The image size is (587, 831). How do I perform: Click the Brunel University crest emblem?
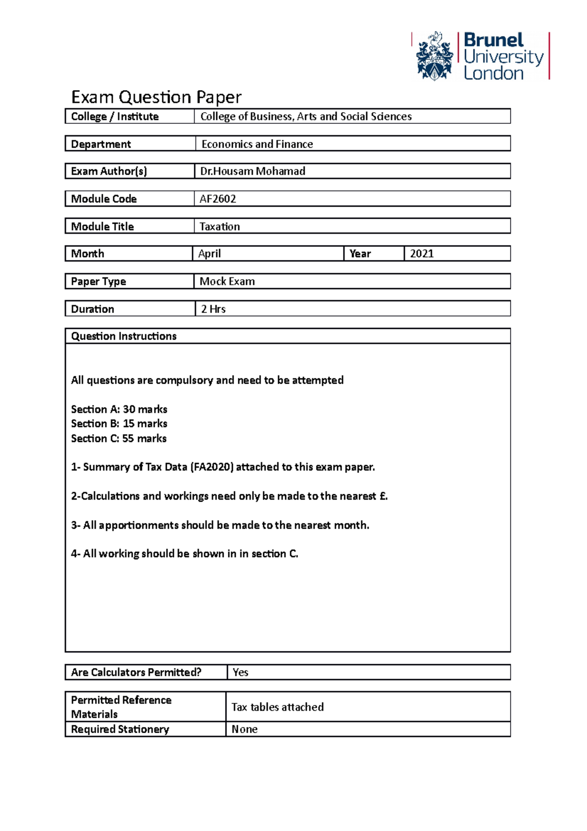pos(434,56)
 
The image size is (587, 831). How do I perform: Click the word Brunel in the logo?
pos(493,40)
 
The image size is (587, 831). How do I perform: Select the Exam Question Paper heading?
pos(156,97)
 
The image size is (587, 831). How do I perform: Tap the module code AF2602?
pos(218,199)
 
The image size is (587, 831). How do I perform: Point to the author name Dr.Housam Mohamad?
pos(252,171)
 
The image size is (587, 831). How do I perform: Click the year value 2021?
pos(422,254)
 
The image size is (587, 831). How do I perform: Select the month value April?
pos(209,254)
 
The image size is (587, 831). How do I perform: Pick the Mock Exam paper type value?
pos(227,281)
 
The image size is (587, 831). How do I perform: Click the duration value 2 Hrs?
pos(213,309)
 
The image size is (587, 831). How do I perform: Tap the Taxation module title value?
pos(220,227)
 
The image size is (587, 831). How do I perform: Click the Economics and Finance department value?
pos(257,144)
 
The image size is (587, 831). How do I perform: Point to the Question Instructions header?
pos(124,336)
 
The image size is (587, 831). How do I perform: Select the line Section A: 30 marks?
pos(119,409)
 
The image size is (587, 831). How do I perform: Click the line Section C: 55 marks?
pos(119,439)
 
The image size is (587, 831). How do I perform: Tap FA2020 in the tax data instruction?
pos(212,467)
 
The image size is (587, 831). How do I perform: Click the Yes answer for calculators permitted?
pos(240,672)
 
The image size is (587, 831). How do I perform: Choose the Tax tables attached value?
pos(277,707)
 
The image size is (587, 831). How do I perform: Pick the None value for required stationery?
pos(244,729)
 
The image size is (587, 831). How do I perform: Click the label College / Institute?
pos(115,116)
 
